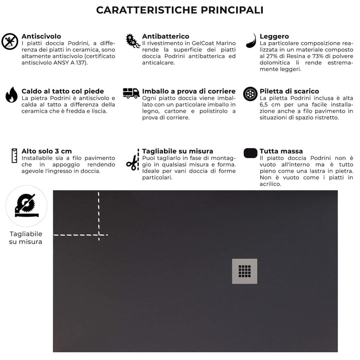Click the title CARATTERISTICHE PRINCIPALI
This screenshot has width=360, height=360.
179,10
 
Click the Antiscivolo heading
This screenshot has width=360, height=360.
41,37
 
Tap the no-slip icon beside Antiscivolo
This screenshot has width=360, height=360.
10,41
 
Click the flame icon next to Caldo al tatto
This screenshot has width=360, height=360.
11,95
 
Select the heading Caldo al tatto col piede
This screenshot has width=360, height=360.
62,91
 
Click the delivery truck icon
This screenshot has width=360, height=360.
131,93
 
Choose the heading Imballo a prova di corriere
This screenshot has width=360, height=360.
189,91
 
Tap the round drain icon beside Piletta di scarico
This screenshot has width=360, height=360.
250,94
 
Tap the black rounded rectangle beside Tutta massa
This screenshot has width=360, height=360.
250,153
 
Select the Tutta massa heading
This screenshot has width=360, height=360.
281,151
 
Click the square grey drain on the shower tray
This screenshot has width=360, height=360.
245,271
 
